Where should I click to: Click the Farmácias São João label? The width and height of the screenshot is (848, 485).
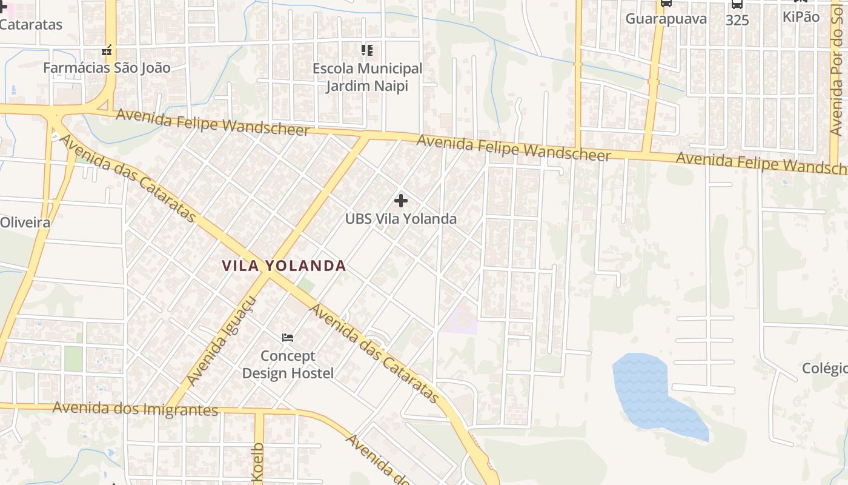click(x=107, y=67)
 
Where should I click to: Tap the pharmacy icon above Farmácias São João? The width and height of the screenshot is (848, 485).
click(x=107, y=51)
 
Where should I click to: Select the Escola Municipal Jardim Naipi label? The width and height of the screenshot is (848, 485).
click(x=367, y=77)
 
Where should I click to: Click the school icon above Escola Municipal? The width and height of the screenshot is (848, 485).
click(x=367, y=50)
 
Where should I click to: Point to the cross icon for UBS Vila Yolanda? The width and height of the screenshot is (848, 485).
click(x=400, y=201)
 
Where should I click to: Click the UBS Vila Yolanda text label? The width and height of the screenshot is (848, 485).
click(x=400, y=219)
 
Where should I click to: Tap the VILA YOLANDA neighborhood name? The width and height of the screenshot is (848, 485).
click(x=283, y=266)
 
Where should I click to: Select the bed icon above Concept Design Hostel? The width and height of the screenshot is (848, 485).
click(x=288, y=337)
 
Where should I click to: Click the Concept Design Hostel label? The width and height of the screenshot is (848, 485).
click(x=288, y=364)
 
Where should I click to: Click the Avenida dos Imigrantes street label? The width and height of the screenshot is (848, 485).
click(x=135, y=409)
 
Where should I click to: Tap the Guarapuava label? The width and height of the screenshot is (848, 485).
click(x=666, y=19)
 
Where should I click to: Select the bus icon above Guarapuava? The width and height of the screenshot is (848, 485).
click(x=666, y=3)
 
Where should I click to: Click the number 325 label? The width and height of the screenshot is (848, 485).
click(x=737, y=20)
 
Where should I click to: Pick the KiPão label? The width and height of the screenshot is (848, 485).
click(x=801, y=17)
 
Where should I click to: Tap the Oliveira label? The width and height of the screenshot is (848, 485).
click(x=25, y=222)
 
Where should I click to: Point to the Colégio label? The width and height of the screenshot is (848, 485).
click(x=825, y=368)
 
